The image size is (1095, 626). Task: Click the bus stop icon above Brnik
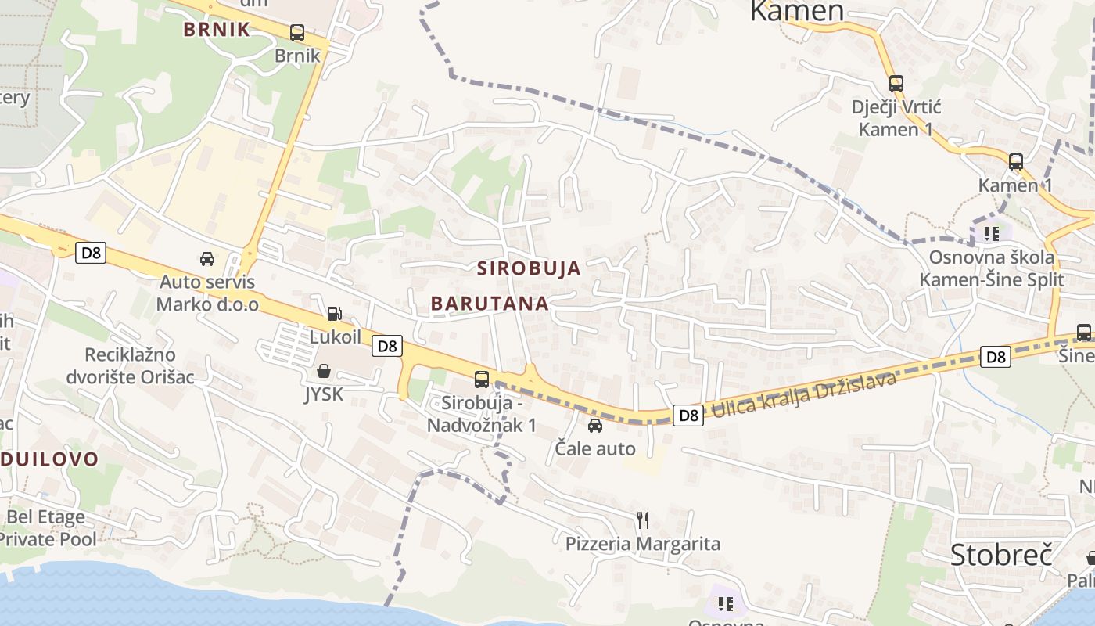point(297,33)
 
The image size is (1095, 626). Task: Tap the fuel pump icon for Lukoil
point(334,314)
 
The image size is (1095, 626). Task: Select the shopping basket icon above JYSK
point(323,371)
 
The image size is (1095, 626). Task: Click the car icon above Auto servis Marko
point(207,259)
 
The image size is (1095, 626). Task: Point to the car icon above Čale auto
point(595,426)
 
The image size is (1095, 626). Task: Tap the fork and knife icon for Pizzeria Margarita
point(642,520)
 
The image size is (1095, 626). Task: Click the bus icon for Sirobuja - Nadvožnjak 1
point(482,380)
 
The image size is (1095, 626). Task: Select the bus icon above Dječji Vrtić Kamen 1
point(896,83)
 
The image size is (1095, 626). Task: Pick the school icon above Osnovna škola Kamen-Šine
point(992,233)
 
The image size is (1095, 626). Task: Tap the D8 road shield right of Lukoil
point(387,346)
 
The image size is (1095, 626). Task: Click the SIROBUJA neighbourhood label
point(530,268)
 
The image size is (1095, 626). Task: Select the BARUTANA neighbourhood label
point(490,304)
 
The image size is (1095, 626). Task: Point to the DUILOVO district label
point(48,459)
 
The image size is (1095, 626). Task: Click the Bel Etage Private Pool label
point(47,528)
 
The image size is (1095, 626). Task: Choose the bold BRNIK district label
point(217,30)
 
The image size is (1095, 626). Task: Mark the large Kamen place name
point(797,11)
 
